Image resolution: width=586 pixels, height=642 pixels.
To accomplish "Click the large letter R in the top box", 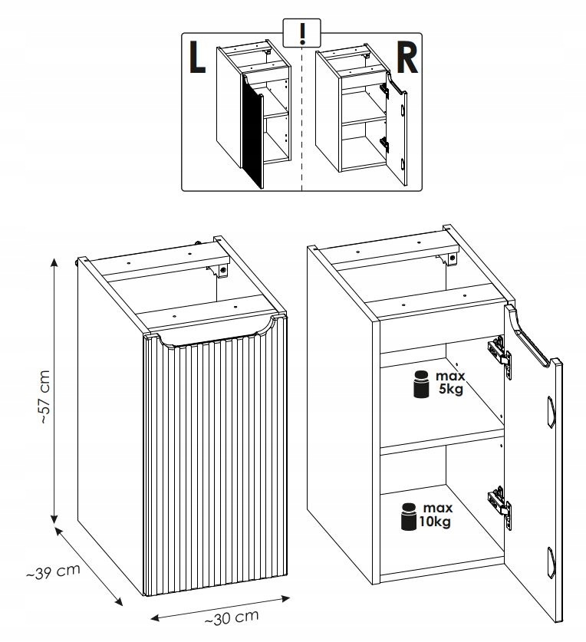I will point(407,59).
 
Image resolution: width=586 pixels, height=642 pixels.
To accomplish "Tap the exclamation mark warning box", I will point(301,32).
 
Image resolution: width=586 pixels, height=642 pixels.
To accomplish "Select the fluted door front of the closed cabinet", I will point(215,468).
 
